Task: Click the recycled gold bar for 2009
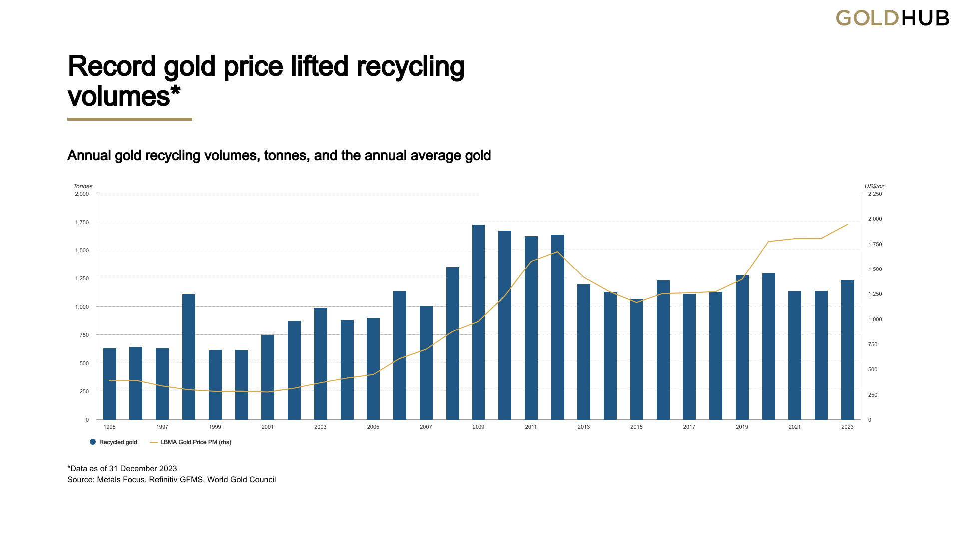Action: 478,322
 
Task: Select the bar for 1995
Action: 109,384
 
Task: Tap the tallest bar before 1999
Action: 188,357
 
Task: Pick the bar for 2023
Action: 847,349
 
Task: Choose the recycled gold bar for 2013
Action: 583,352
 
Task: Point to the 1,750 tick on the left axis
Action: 82,222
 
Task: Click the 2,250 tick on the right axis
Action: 875,194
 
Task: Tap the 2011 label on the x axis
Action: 531,427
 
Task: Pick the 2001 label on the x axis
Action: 267,427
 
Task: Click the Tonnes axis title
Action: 83,186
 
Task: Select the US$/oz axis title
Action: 874,186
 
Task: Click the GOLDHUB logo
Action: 892,18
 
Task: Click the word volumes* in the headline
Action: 123,96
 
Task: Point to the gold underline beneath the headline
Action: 130,119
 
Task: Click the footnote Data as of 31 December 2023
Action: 122,468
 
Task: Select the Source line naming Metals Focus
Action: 171,480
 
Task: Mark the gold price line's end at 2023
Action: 847,224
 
